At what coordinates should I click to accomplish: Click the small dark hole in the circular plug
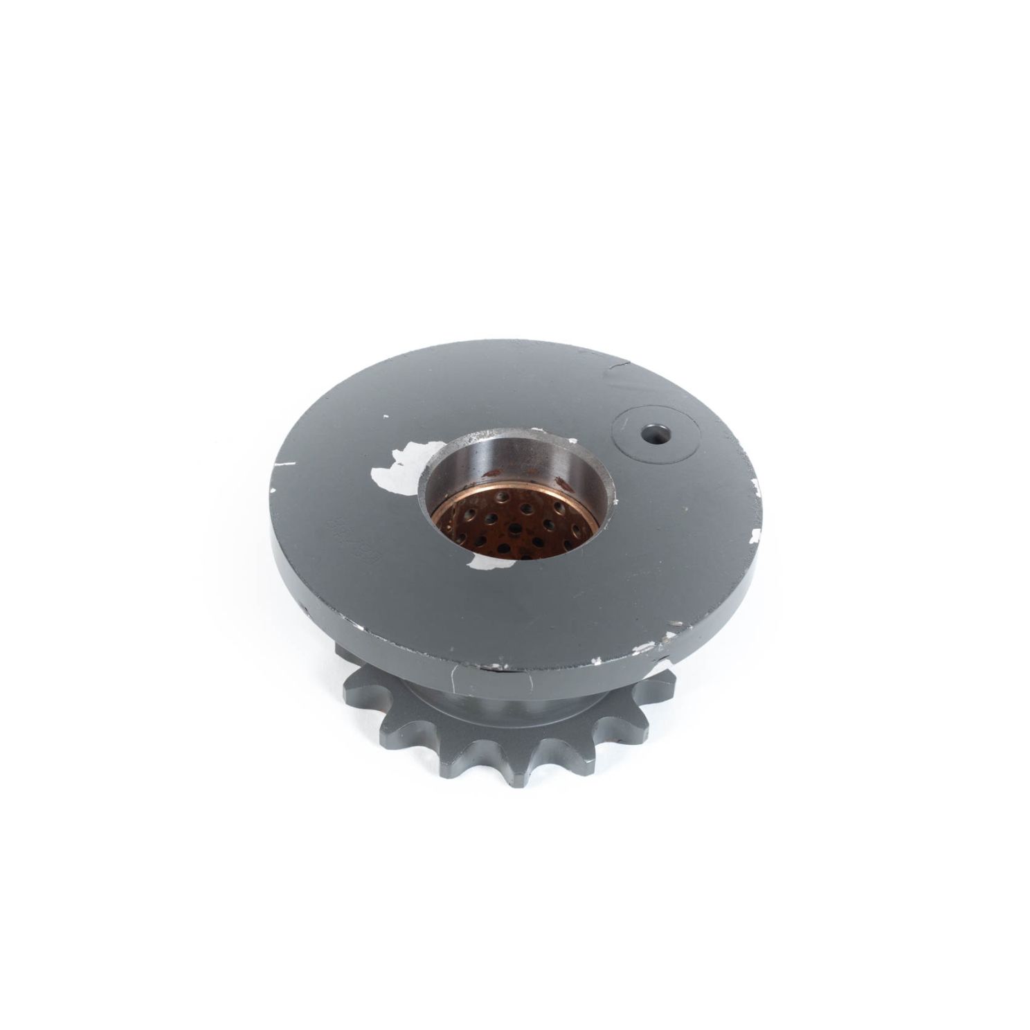651,435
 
